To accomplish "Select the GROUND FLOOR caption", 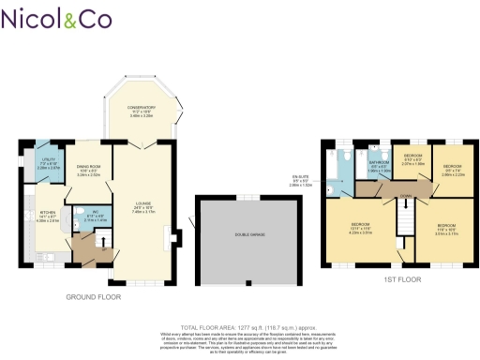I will click(93, 296).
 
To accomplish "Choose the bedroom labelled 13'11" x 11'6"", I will click(361, 226).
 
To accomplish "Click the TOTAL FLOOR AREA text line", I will click(240, 317).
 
